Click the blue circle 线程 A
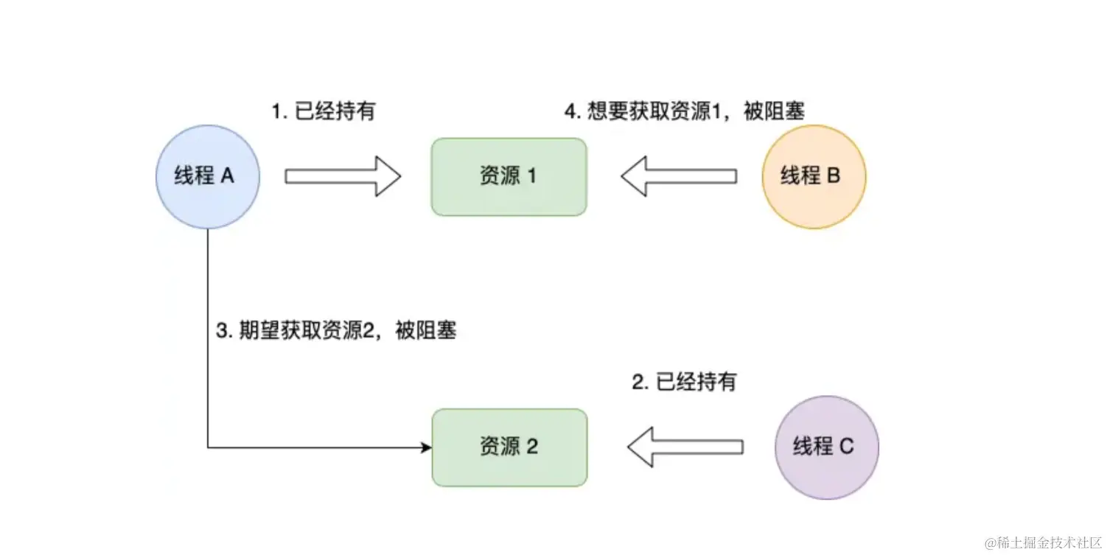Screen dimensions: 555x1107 pyautogui.click(x=208, y=176)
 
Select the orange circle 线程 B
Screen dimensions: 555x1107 pyautogui.click(x=814, y=176)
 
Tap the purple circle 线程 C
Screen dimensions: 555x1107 pyautogui.click(x=826, y=447)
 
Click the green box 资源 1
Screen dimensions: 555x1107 pyautogui.click(x=509, y=177)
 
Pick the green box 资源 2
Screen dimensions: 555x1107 pyautogui.click(x=509, y=447)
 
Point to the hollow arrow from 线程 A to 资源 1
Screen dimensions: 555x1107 pyautogui.click(x=342, y=176)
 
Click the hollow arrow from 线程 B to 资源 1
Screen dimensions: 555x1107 pyautogui.click(x=679, y=176)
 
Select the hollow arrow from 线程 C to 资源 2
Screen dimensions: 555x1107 pyautogui.click(x=685, y=447)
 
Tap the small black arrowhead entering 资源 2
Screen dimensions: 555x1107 pyautogui.click(x=426, y=447)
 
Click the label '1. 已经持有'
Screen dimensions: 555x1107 pyautogui.click(x=323, y=111)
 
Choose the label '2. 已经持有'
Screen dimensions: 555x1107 pyautogui.click(x=684, y=382)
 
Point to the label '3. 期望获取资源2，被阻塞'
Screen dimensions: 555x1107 pyautogui.click(x=336, y=332)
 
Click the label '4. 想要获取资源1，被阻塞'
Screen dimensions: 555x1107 pyautogui.click(x=685, y=111)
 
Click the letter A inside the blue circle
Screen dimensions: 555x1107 pyautogui.click(x=227, y=177)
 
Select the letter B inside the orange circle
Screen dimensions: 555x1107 pyautogui.click(x=834, y=177)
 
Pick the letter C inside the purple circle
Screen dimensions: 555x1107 pyautogui.click(x=846, y=447)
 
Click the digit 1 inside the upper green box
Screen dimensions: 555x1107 pyautogui.click(x=531, y=177)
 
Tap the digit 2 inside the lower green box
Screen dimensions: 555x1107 pyautogui.click(x=532, y=447)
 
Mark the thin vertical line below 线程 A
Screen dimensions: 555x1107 pyautogui.click(x=208, y=332)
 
